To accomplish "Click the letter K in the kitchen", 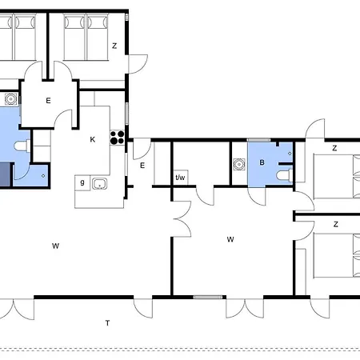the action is click(93, 139).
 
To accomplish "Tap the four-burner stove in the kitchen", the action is click(118, 138).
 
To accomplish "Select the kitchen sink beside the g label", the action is click(100, 184).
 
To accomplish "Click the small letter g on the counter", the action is click(82, 182).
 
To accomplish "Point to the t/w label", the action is click(180, 178).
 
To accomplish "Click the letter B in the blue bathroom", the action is click(262, 162).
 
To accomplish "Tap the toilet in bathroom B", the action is click(284, 175).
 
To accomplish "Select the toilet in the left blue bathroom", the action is click(22, 146).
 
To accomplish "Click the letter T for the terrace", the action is click(107, 323).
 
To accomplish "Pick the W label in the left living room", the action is click(55, 246).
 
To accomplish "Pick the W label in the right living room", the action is click(230, 239).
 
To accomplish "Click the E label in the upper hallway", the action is click(48, 101).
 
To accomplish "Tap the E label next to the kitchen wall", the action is click(142, 166).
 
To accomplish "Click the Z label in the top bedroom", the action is click(114, 46).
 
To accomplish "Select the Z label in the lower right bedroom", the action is click(336, 224).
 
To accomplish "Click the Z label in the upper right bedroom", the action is click(334, 148).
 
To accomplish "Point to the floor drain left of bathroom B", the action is click(239, 164).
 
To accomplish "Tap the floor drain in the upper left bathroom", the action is click(11, 99).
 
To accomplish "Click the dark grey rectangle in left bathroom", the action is click(5, 174).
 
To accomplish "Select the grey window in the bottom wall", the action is click(208, 297).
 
